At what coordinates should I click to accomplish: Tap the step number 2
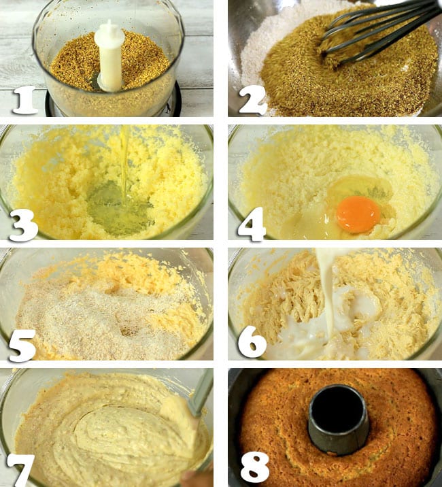coord(253,101)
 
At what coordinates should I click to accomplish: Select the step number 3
coord(24,225)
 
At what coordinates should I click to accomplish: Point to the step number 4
coord(252,224)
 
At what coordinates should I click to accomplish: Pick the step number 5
coord(22,346)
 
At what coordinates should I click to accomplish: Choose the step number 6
coord(252,344)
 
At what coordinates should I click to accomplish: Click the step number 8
coord(255,466)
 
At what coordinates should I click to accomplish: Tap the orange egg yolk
coord(359,214)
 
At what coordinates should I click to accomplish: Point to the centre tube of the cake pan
coord(338,418)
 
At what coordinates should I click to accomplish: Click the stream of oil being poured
coord(124,165)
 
